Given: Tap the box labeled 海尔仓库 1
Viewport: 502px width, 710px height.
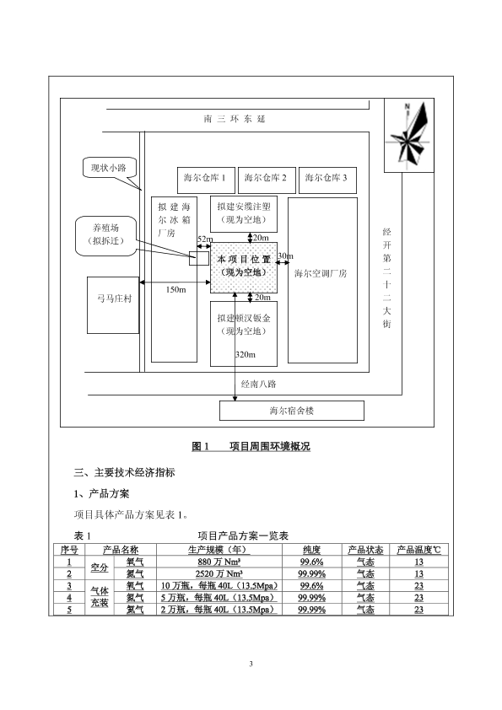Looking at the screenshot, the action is point(206,180).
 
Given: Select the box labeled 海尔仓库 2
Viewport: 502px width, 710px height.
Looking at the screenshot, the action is point(266,180).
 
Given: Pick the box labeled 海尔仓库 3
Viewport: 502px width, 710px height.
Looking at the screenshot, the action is point(327,180).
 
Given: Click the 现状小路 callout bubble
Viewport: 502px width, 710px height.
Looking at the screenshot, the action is point(109,168).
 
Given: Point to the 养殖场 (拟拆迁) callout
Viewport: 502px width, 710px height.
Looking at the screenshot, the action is point(106,235).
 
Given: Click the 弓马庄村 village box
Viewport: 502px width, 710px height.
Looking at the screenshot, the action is point(113,305).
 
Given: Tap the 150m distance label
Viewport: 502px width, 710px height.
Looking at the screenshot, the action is point(175,290).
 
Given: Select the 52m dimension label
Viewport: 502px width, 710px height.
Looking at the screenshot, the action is point(205,239).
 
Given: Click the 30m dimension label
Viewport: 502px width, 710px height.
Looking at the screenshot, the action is point(285,255).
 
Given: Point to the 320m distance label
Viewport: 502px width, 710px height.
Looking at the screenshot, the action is point(246,354).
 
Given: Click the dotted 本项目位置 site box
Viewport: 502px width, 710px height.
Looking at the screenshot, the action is point(244,267).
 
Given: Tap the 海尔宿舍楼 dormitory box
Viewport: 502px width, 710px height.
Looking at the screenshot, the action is point(292,411).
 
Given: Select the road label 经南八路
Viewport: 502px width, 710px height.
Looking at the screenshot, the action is point(258,384).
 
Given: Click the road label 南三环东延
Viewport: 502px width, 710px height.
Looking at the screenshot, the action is point(235,119).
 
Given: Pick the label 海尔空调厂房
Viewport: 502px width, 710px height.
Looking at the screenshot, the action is point(321,273).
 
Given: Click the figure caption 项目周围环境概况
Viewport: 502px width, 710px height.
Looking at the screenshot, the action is point(270,446).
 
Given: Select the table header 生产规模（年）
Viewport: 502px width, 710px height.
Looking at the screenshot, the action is point(219,550).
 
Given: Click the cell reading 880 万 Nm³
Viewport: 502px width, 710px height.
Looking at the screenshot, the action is point(219,562).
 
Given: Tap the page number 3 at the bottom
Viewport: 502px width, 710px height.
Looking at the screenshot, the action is point(251,664).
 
